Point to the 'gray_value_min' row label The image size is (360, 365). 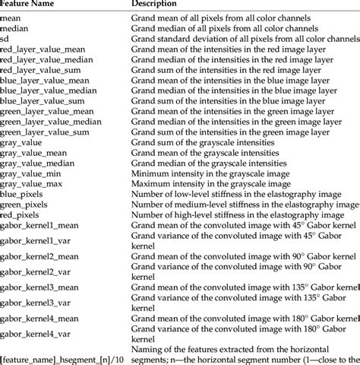click(x=30, y=174)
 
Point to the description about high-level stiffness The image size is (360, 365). click(x=238, y=216)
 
